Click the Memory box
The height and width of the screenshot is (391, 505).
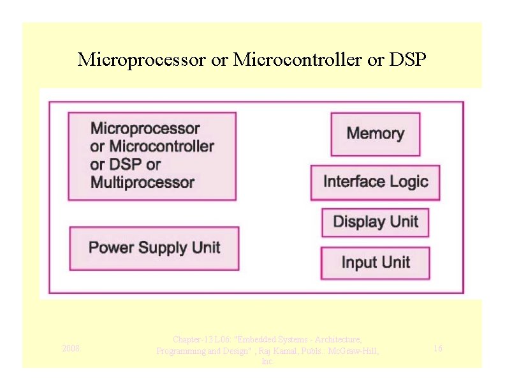(x=375, y=134)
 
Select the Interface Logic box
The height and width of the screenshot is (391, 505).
(x=375, y=182)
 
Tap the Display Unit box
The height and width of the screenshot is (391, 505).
(x=375, y=222)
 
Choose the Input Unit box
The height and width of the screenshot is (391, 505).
(x=375, y=263)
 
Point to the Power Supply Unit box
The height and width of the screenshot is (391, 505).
(x=154, y=248)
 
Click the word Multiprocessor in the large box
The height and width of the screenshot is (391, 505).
(x=142, y=183)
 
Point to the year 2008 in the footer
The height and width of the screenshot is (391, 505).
(x=71, y=348)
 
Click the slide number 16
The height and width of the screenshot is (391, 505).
(x=438, y=348)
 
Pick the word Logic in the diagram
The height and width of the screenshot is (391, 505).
(x=405, y=182)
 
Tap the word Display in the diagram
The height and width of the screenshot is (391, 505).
(x=358, y=222)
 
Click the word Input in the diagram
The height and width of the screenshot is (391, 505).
(x=358, y=263)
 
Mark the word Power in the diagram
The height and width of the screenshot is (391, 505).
(x=107, y=248)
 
